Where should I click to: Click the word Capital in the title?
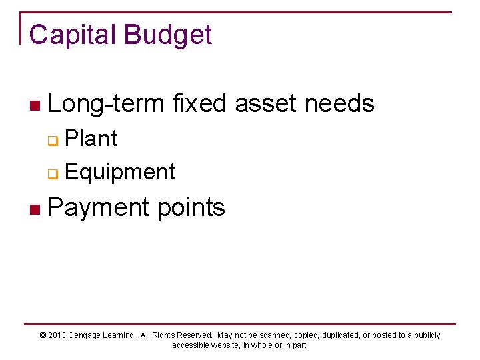point(71,35)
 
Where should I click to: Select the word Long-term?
point(106,104)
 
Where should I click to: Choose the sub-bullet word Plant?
point(91,139)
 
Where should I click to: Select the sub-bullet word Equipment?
point(120,172)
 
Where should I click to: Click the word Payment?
point(99,208)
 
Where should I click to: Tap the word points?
point(191,208)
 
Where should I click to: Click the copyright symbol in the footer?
point(43,335)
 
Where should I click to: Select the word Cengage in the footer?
point(87,335)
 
